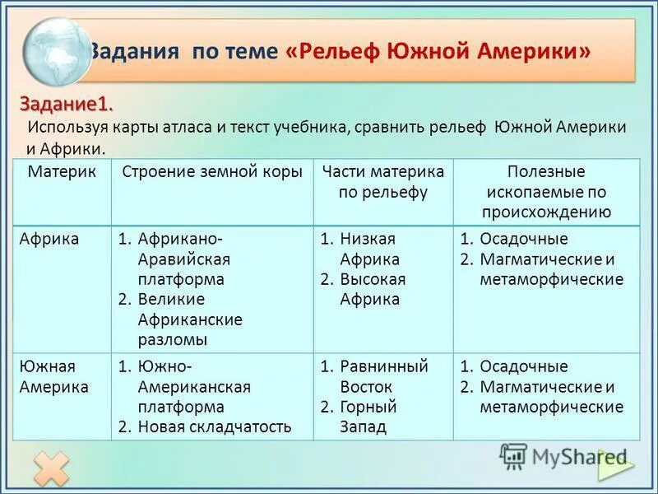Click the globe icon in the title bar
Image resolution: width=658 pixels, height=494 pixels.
point(56,51)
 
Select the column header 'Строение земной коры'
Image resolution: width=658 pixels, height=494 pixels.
point(212,172)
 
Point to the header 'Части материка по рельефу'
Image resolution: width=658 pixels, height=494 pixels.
point(383,182)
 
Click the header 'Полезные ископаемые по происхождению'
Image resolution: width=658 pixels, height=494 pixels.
point(546,192)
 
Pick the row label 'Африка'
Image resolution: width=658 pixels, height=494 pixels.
point(50,239)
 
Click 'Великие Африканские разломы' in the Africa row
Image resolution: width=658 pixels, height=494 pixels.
point(189,319)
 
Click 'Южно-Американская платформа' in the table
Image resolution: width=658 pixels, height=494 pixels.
point(194,386)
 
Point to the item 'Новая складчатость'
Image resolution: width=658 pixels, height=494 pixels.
point(214,426)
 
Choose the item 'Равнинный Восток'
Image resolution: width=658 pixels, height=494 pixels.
point(384,376)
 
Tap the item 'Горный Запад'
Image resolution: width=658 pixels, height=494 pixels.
point(368,417)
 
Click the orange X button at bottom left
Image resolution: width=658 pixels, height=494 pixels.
point(51,468)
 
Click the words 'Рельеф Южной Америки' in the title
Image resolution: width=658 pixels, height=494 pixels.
point(444,51)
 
